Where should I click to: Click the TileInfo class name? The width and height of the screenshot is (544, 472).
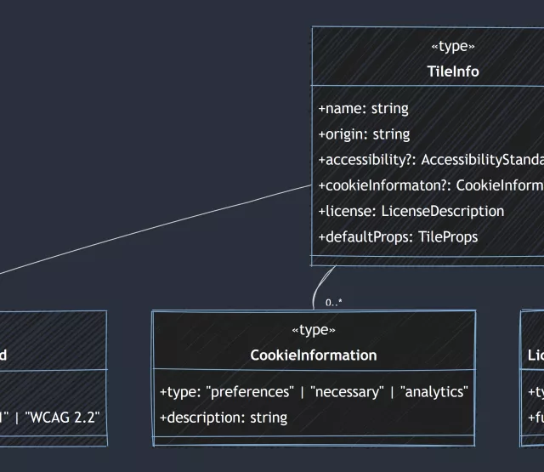[x=452, y=71]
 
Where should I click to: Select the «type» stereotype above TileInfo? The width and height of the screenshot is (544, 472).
[x=452, y=47]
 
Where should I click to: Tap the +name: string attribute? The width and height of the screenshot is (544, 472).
[x=363, y=109]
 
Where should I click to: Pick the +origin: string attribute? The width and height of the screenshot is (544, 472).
[x=364, y=134]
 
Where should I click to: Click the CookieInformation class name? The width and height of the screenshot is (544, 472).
[x=314, y=355]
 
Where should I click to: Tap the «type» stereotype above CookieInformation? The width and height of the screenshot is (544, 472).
[x=314, y=330]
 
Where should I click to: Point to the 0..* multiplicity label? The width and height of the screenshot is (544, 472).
[x=334, y=302]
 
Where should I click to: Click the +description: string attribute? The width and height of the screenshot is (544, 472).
[x=224, y=418]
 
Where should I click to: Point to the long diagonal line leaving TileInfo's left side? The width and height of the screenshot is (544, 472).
[x=153, y=229]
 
